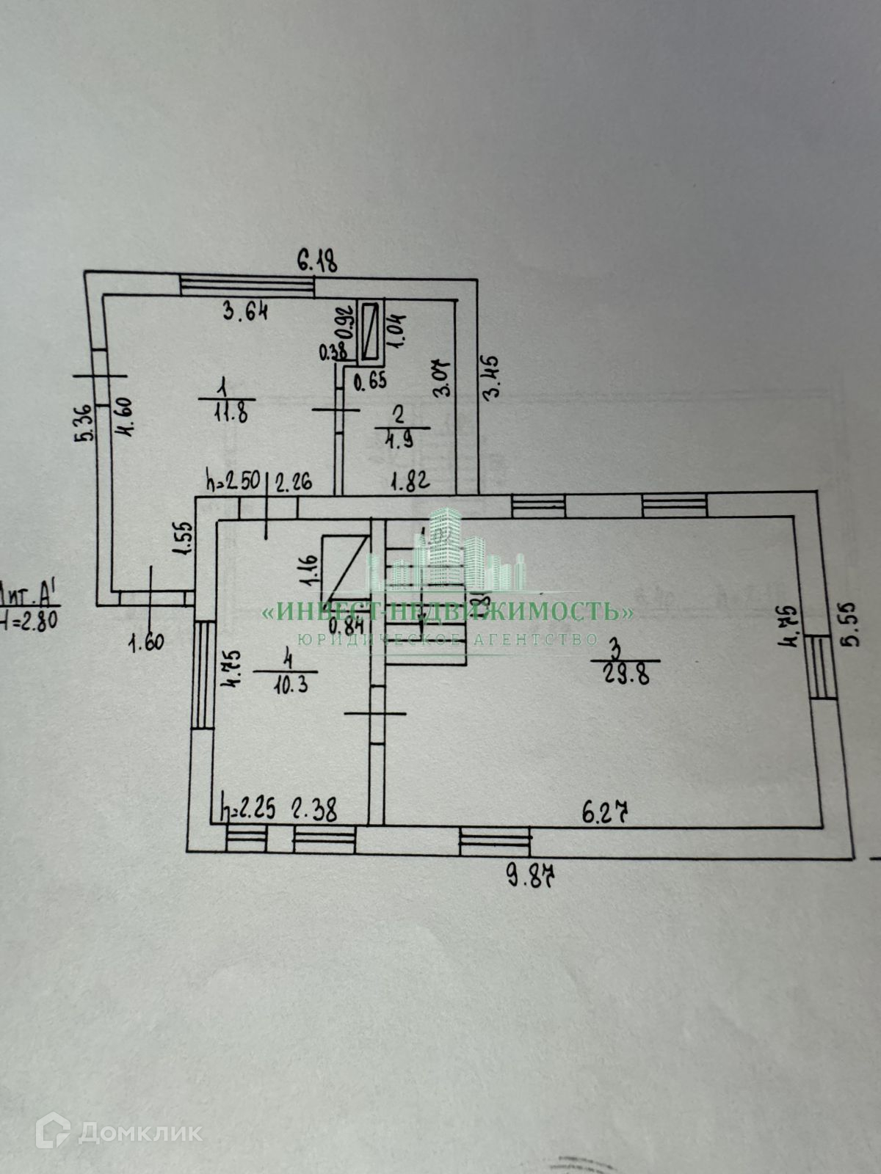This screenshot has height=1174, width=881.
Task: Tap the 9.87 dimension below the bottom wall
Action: point(539,874)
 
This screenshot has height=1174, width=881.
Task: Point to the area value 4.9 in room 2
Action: point(399,440)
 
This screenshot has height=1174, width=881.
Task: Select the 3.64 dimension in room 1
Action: point(245,312)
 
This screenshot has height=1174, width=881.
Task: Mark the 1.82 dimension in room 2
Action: point(410,482)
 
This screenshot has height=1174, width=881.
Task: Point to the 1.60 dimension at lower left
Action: point(146,643)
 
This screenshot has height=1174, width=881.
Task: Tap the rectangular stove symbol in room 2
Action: point(371,332)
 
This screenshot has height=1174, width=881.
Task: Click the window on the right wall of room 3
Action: point(821,667)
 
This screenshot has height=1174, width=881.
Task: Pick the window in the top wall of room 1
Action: point(247,285)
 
